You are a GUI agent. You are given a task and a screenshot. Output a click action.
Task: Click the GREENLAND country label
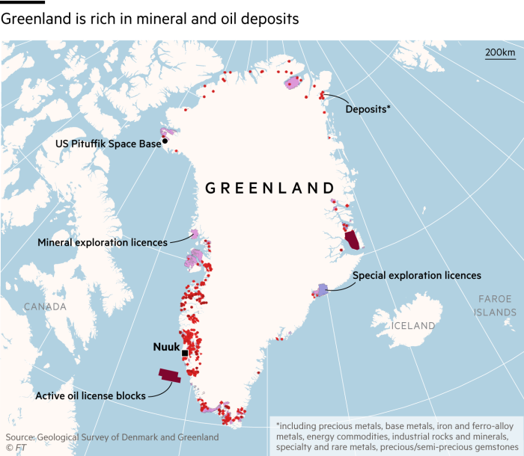269,188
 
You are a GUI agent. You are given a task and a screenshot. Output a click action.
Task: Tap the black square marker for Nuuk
184,354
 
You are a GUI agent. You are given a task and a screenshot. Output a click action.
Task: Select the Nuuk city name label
166,347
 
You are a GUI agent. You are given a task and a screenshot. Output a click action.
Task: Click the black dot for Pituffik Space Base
165,141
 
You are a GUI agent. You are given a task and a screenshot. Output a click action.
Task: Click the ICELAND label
413,326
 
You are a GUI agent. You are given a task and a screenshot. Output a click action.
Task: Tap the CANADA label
45,306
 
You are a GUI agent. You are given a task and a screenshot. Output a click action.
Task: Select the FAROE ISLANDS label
495,306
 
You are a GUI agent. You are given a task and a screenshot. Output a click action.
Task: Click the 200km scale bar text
500,52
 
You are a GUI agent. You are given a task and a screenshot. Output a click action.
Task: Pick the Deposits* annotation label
368,109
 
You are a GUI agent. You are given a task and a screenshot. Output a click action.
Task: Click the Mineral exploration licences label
103,242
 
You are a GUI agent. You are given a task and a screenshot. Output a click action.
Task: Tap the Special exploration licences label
416,275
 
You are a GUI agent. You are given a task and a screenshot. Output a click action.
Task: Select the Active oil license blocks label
90,395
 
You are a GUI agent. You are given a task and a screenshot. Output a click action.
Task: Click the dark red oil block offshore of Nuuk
169,376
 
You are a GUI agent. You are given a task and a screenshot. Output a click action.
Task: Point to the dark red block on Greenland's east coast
351,241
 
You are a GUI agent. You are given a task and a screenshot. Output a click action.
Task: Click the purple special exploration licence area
322,289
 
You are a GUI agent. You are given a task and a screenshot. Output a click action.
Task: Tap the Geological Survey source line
112,437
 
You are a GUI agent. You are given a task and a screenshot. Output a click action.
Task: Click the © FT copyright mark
16,448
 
